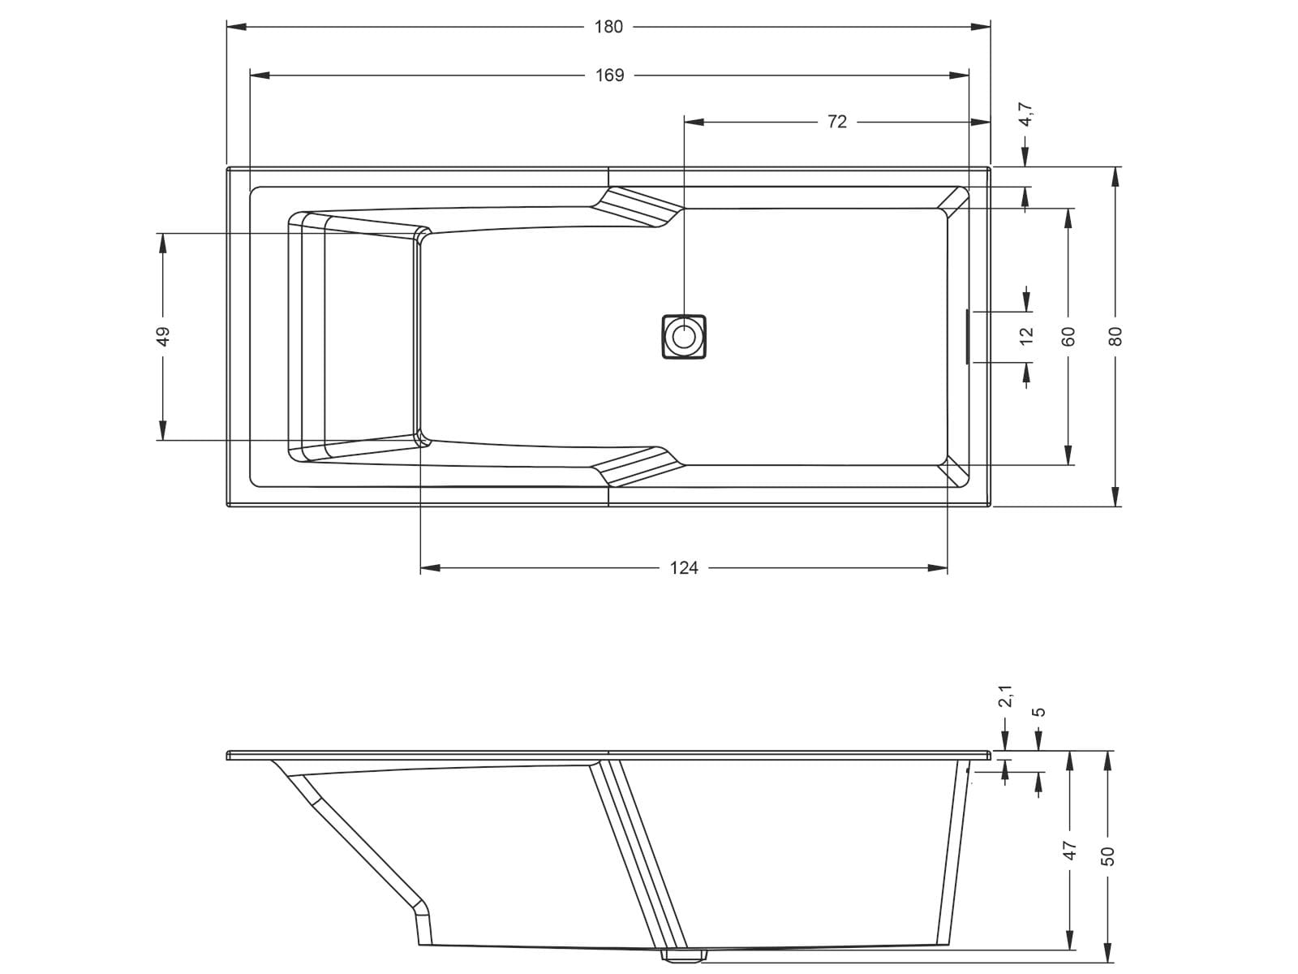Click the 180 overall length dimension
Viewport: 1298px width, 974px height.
[x=608, y=28]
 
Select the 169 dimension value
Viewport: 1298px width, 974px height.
[x=610, y=75]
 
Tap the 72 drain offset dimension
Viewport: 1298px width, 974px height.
[x=836, y=122]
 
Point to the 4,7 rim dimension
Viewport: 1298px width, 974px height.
[x=1026, y=114]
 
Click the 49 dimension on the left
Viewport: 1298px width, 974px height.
[x=163, y=337]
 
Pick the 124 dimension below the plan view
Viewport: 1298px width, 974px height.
[x=684, y=568]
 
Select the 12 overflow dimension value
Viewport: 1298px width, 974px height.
[x=1026, y=336]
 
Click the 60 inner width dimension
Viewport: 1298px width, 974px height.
[x=1068, y=337]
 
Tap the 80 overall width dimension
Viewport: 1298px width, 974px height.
[x=1115, y=337]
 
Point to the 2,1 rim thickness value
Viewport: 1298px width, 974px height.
[x=1005, y=696]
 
